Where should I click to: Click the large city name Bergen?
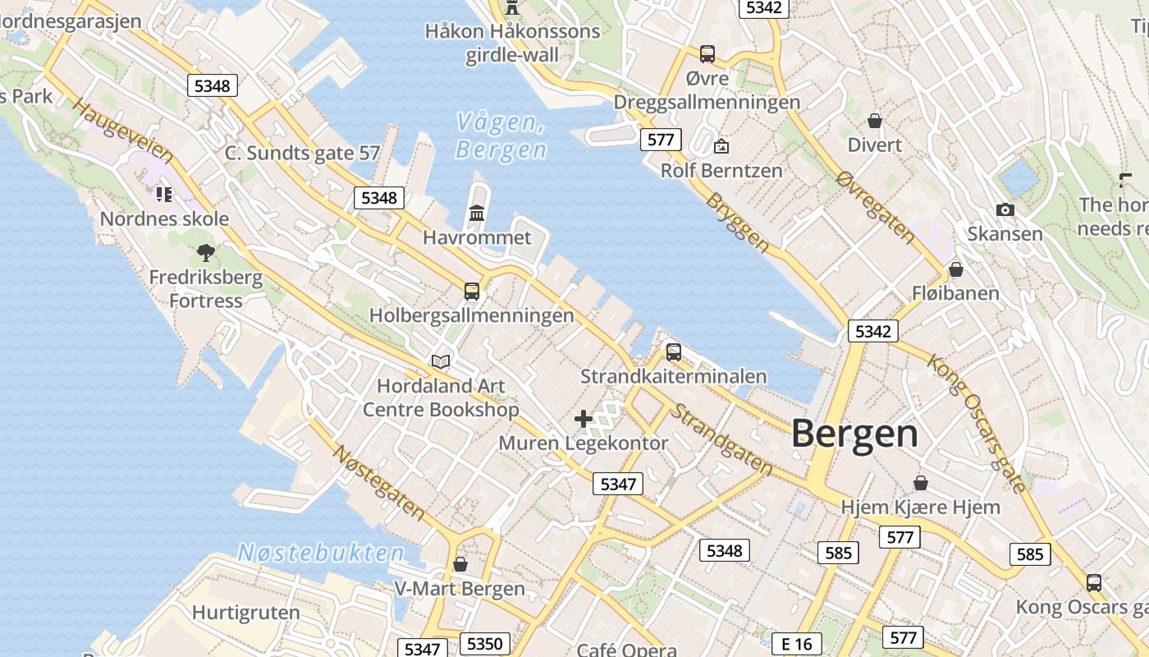854,434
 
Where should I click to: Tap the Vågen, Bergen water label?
501,136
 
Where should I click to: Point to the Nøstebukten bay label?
321,552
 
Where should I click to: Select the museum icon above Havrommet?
477,214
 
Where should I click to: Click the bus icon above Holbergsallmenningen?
472,291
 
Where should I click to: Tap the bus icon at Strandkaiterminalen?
674,352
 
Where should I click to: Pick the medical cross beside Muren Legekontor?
584,419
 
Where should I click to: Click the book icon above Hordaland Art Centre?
441,361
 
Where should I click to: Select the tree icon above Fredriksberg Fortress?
206,253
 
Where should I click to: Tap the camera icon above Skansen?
1005,210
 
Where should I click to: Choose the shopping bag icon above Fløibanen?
955,269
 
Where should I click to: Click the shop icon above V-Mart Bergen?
460,564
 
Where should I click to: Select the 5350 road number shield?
483,644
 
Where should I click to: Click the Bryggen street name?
739,223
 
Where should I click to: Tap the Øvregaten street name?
877,208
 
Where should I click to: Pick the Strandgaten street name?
721,439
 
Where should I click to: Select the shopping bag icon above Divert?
875,121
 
